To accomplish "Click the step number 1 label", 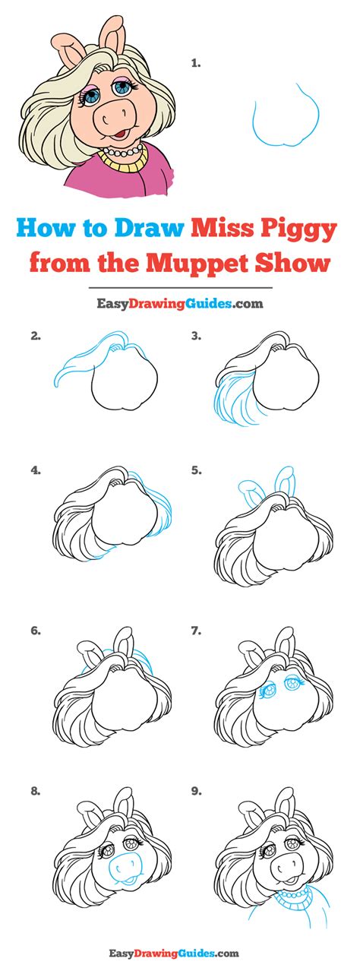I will [x=195, y=64].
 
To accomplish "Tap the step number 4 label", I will [x=35, y=470].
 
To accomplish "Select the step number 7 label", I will [x=196, y=630].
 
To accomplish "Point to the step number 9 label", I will [x=196, y=790].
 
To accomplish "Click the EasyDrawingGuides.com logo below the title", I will [x=180, y=304].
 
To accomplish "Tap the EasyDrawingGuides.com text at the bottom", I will [x=180, y=953].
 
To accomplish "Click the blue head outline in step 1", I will [x=285, y=114].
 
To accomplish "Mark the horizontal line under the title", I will [x=180, y=289].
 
